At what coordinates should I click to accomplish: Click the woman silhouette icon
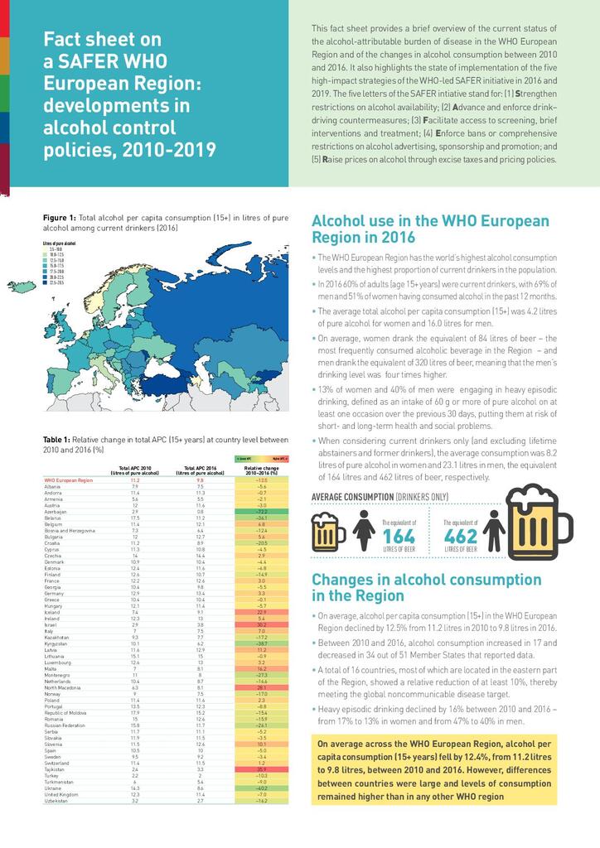pyautogui.click(x=364, y=531)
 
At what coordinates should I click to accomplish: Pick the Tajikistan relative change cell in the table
pyautogui.click(x=261, y=768)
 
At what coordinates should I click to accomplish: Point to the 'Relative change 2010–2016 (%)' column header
pyautogui.click(x=261, y=470)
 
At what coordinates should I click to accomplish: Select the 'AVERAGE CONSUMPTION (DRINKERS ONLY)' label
pyautogui.click(x=380, y=497)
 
